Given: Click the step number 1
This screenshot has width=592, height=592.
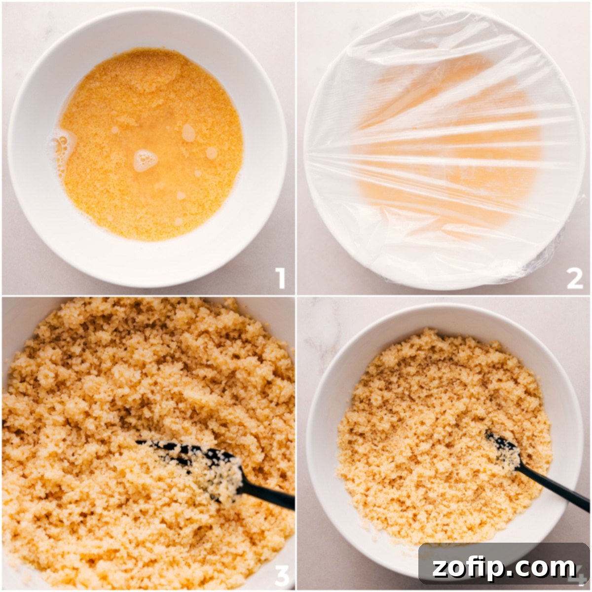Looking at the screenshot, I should [x=281, y=279].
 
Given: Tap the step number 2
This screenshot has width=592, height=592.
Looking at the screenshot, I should [x=575, y=279].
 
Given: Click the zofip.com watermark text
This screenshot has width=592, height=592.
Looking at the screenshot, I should [x=504, y=568].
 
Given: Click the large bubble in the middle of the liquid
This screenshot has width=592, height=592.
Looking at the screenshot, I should [x=146, y=160].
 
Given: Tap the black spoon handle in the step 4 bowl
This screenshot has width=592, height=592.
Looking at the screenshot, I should [x=553, y=488].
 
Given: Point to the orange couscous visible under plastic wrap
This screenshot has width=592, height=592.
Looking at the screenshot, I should [x=444, y=148].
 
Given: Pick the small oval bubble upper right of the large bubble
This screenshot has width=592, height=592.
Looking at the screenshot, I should [x=188, y=132].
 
